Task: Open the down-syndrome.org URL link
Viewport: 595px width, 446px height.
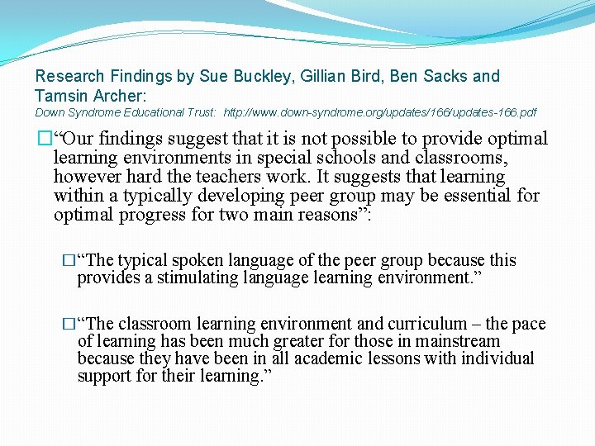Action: pos(380,112)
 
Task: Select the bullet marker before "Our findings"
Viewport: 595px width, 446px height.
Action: pos(45,139)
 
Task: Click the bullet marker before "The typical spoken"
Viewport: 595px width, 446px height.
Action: pos(69,261)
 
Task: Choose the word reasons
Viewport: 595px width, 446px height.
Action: pos(336,215)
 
